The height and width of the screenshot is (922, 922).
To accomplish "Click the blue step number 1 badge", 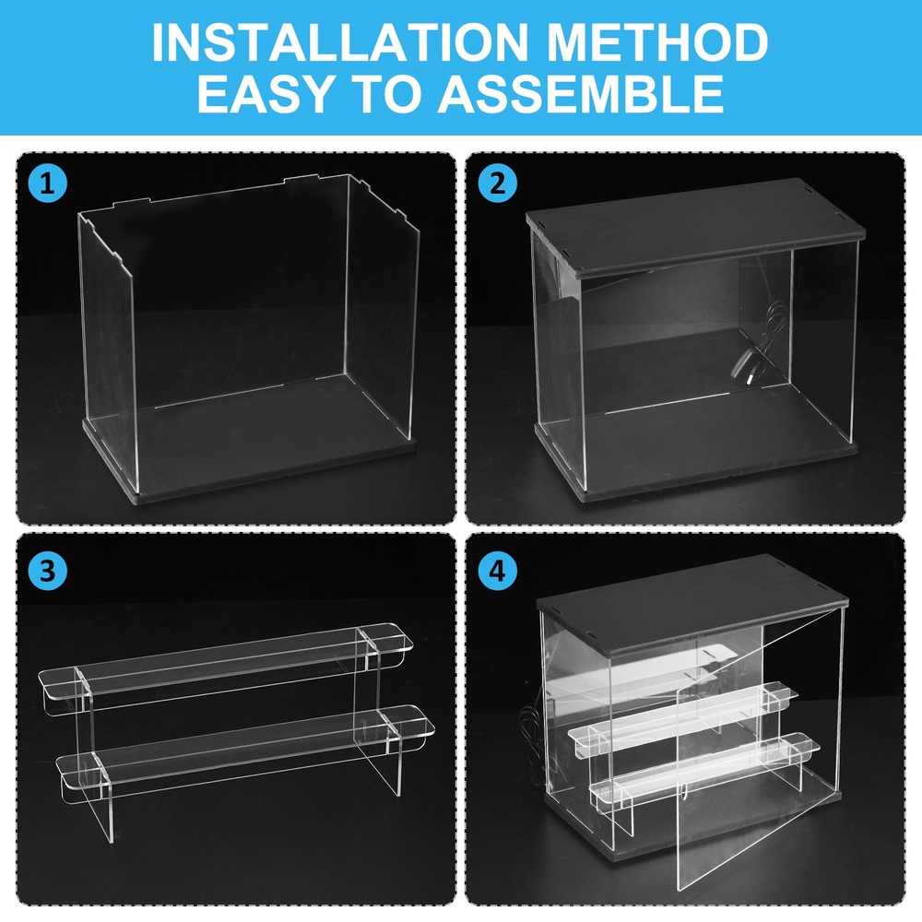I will coord(47,183).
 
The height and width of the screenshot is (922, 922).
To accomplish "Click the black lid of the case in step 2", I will coord(691,221).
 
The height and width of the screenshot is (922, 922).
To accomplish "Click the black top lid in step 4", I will coord(691,599).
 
